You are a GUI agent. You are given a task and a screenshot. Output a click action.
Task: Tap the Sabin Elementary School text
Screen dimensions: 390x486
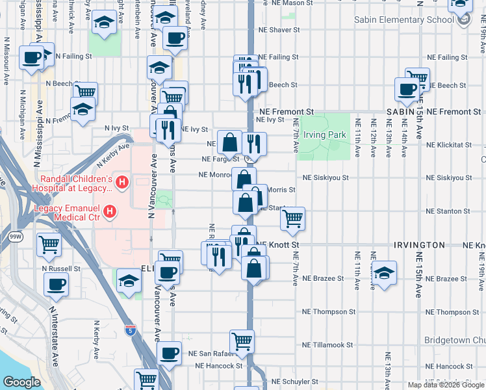tap(403, 19)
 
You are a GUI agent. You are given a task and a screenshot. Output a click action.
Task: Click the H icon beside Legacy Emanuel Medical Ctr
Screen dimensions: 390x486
tap(110, 212)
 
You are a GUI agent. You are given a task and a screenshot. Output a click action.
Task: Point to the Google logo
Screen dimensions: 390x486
tap(21, 382)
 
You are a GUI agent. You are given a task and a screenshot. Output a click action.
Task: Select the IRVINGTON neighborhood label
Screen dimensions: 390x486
tap(419, 245)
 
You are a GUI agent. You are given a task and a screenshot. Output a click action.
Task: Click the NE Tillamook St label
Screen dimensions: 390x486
tap(327, 345)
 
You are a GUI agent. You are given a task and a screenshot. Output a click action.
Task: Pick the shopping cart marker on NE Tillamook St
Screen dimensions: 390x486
tap(242, 341)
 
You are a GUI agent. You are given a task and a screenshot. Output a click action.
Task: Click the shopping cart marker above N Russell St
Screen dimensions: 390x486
tap(49, 245)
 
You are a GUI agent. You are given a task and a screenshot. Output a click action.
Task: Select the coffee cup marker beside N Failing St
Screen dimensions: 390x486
tap(32, 58)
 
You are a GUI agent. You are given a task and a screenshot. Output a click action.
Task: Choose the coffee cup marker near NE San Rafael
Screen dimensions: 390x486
tap(169, 354)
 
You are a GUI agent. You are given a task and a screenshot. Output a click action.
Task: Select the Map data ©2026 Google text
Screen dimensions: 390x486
tap(445, 385)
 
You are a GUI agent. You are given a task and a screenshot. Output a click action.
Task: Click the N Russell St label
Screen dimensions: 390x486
tap(61, 268)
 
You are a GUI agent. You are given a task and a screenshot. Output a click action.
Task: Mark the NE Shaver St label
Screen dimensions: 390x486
tap(279, 30)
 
